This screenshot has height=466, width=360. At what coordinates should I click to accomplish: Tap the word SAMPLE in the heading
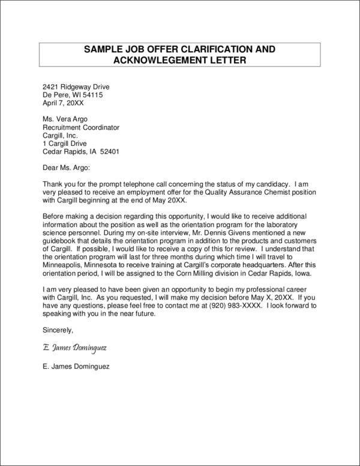point(102,48)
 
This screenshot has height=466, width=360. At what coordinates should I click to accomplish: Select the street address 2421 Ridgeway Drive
point(76,86)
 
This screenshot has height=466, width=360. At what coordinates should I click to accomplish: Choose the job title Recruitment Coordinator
point(81,127)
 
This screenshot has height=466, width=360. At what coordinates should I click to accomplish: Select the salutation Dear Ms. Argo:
point(67,168)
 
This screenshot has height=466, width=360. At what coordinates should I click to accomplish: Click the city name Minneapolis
point(65,265)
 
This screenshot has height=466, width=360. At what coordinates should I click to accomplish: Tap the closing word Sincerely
point(58,330)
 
